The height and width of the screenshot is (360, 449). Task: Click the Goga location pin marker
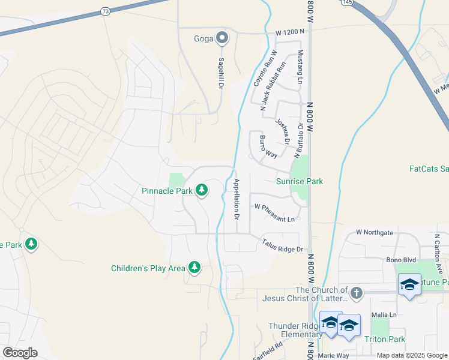pos(222,39)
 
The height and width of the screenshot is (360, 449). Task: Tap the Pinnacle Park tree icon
pos(202,191)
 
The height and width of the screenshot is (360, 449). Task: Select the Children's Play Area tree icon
pos(194,268)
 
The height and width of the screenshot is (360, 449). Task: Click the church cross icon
pos(357,293)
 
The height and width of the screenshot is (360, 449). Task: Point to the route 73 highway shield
pos(105,11)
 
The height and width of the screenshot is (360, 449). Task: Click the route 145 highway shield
pos(348,2)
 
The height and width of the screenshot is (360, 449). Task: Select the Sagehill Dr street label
pos(221,73)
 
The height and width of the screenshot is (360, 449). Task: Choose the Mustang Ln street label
pos(301,66)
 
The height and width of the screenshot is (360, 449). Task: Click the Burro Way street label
pos(268,147)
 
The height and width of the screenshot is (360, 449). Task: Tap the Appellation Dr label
pos(237,198)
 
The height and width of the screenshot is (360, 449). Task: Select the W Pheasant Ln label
pos(274,213)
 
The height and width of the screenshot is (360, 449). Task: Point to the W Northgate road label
pos(375,232)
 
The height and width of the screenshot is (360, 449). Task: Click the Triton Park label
pos(385,339)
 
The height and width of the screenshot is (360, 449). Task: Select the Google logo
pos(20,353)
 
